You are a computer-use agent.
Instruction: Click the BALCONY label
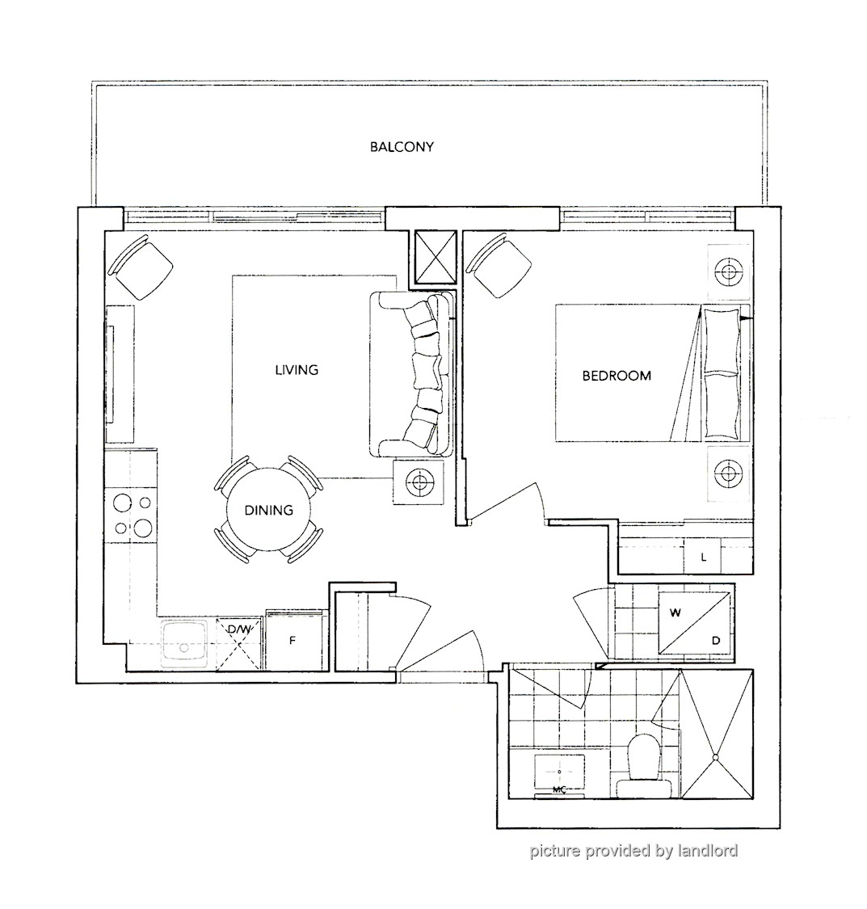(402, 147)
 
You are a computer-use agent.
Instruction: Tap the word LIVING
(297, 370)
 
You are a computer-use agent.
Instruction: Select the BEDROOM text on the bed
(617, 376)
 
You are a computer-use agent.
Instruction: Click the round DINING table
(268, 510)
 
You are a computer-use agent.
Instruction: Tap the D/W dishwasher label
(239, 629)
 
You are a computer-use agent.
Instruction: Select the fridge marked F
(293, 640)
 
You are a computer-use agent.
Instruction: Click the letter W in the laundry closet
(676, 612)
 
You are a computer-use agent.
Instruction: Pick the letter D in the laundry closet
(716, 641)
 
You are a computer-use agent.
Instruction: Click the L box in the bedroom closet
(703, 557)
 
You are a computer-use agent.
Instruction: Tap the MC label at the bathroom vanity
(559, 789)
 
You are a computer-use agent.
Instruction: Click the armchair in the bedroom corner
(500, 266)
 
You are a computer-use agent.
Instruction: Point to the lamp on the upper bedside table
(729, 271)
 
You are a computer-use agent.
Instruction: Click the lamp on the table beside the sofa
(419, 482)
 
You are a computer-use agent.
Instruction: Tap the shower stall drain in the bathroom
(717, 757)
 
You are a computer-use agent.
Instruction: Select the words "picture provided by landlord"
(633, 851)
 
